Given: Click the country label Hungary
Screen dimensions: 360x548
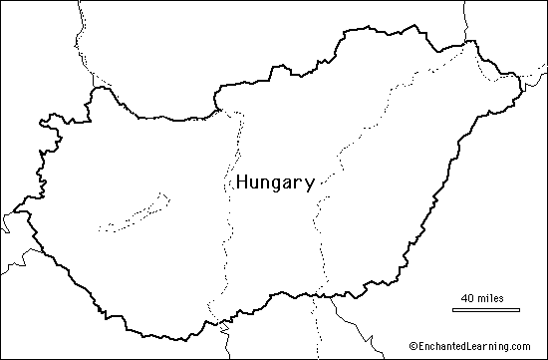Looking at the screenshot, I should coord(274,183).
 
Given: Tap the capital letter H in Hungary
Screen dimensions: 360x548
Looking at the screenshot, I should coord(240,182).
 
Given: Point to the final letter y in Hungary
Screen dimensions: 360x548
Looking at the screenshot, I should coord(310,185).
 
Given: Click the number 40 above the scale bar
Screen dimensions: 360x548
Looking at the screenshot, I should coord(468,298).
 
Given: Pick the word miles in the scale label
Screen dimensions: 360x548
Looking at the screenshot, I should coord(490,298).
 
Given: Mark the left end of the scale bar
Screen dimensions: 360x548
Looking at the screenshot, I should coord(447,308).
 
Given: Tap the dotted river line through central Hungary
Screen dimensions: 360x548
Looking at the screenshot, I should coord(227,229).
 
